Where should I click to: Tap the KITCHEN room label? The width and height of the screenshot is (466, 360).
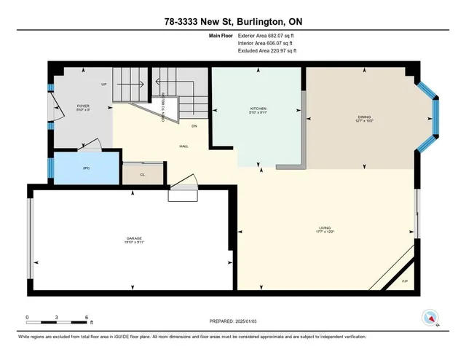coord(258,110)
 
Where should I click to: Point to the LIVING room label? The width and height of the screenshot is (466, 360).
coord(325,230)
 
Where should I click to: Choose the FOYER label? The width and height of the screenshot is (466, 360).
coord(83,108)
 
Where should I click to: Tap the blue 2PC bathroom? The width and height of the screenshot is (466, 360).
coord(85,168)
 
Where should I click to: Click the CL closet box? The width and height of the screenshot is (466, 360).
coord(142,175)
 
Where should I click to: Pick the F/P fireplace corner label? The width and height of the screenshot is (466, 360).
coord(406,281)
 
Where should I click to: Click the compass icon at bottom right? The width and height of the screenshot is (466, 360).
coord(430,318)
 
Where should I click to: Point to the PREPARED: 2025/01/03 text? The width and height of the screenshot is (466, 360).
coord(232,321)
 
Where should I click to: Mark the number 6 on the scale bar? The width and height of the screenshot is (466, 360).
coord(87,318)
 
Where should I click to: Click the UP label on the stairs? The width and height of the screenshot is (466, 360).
coord(104,85)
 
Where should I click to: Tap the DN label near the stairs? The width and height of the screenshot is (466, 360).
coord(194,126)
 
